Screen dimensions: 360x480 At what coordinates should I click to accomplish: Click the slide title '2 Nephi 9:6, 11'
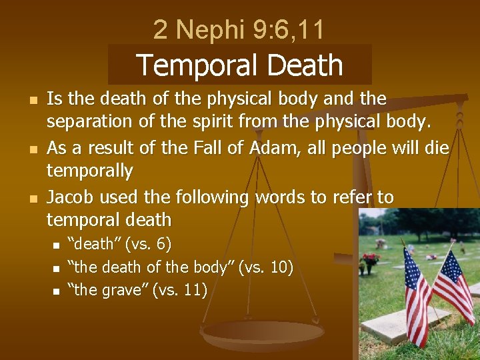point(239,30)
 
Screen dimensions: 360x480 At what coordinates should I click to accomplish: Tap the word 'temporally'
point(89,171)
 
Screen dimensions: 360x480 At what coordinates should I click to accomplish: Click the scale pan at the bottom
point(263,333)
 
